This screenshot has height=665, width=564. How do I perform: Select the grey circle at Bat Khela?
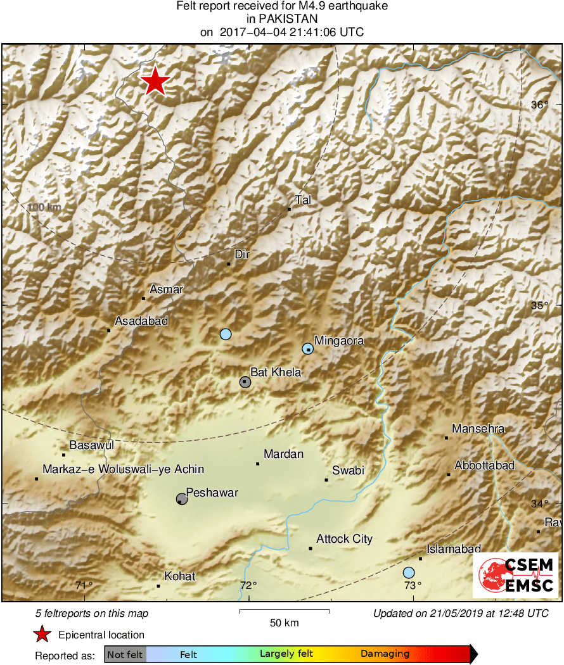click(245, 381)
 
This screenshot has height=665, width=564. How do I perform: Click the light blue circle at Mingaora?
click(307, 348)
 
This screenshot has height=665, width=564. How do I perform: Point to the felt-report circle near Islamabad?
click(409, 573)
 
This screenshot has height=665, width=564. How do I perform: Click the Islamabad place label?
click(454, 549)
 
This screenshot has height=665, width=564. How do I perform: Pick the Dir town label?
click(243, 255)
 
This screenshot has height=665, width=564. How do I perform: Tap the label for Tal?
click(303, 200)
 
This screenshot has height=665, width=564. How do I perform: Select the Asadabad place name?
click(141, 321)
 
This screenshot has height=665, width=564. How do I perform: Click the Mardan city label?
click(283, 454)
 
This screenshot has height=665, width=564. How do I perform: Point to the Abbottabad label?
click(485, 465)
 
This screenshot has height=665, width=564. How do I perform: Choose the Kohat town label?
click(179, 576)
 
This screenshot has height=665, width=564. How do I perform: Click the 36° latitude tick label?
click(539, 105)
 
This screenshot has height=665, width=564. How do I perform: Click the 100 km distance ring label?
click(44, 207)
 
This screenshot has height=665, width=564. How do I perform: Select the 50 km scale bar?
click(284, 611)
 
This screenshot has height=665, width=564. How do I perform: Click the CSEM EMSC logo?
click(515, 575)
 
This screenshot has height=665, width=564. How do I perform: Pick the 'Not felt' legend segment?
click(125, 654)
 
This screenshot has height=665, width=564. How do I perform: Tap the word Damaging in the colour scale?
click(385, 654)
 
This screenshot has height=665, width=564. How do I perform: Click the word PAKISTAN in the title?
click(282, 19)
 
